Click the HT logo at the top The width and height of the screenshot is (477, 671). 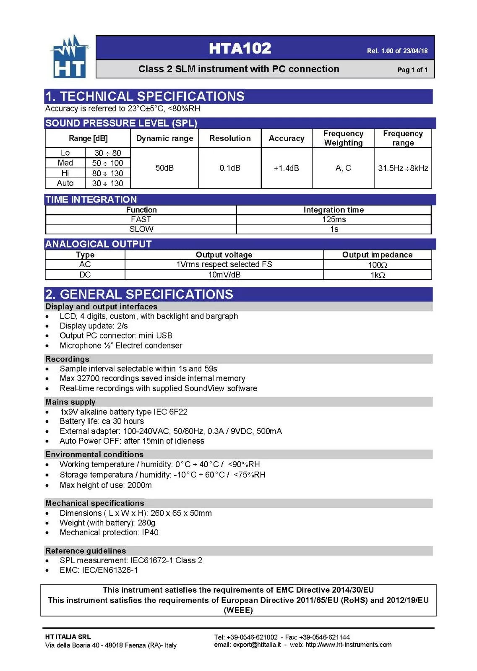[x=69, y=57]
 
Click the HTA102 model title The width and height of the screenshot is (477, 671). [x=240, y=48]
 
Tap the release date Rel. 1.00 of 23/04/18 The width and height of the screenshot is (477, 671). [x=397, y=51]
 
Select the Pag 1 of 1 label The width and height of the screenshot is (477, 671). [x=412, y=70]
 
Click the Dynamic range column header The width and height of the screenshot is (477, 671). [x=164, y=138]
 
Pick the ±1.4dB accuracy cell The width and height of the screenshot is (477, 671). [x=287, y=168]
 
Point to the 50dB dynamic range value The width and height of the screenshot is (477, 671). [x=164, y=168]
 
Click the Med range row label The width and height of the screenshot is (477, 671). [x=65, y=163]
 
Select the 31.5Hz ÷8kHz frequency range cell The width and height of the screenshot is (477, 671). [x=403, y=168]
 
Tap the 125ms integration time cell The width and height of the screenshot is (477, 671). [x=334, y=219]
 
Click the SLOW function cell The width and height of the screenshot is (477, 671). [x=141, y=229]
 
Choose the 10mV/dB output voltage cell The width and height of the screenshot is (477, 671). [x=224, y=275]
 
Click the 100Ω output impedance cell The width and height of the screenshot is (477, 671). [x=377, y=265]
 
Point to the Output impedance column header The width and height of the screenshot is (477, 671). [x=377, y=255]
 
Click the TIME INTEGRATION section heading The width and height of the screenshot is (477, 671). [x=91, y=200]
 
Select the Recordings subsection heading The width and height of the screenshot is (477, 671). [x=67, y=359]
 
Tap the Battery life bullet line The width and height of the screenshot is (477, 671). [x=102, y=421]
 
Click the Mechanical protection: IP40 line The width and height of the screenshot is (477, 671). [x=109, y=532]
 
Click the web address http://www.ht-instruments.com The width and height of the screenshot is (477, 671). [x=348, y=645]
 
